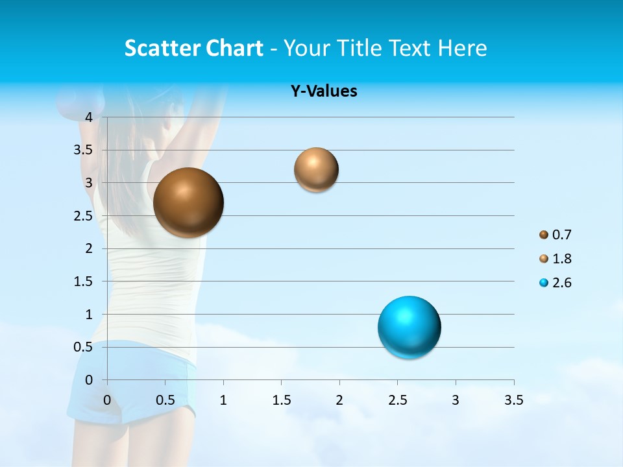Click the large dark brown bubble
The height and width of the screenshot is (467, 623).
[x=188, y=202]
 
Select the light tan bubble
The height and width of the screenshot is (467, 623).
[x=316, y=170]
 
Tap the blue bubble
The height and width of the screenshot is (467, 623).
[x=409, y=327]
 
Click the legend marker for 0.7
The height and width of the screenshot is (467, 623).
[x=544, y=235]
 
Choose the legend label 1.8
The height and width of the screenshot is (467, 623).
[x=561, y=259]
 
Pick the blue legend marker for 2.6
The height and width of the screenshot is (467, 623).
[x=544, y=283]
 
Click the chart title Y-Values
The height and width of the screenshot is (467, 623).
[x=324, y=91]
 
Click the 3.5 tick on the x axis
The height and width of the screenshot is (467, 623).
[x=513, y=400]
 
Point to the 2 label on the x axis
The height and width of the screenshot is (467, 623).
[x=339, y=400]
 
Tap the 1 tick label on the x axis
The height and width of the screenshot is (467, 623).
[x=223, y=400]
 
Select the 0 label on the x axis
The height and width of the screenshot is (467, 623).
[x=107, y=400]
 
